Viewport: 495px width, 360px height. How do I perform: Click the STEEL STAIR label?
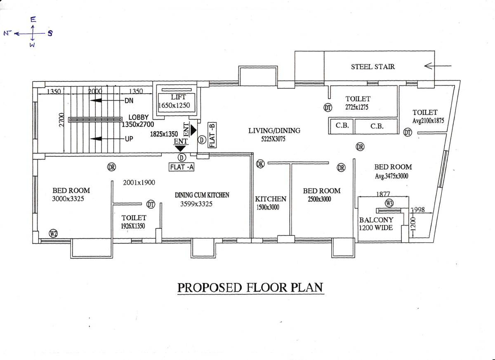point(373,67)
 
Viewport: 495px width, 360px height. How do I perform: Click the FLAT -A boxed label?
point(181,167)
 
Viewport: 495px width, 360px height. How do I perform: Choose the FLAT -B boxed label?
point(212,135)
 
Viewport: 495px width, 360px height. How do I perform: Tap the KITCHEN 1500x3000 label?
point(270,203)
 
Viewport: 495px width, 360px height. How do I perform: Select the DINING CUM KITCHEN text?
point(202,195)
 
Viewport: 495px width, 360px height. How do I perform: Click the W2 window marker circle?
point(53,233)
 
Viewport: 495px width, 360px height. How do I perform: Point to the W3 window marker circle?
point(389,203)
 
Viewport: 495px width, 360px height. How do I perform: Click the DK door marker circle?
point(260,164)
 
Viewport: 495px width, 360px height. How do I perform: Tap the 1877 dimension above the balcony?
point(383,194)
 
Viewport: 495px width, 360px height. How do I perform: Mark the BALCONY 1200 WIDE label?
point(376,224)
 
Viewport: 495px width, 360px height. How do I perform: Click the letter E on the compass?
point(33,20)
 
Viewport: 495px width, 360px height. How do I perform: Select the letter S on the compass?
point(50,33)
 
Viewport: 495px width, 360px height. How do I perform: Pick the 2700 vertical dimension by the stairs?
point(61,120)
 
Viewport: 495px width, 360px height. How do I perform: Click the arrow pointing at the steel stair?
point(438,66)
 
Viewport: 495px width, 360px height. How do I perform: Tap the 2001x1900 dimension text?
point(139,182)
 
